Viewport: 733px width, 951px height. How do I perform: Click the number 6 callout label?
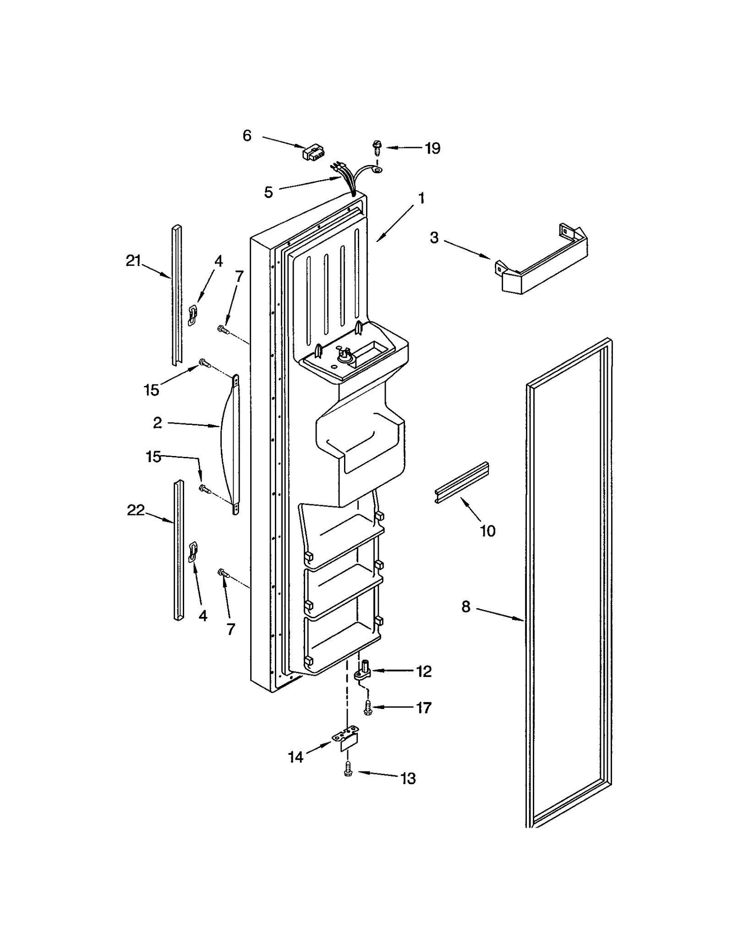(247, 136)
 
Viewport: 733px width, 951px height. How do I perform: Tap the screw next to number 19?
(377, 148)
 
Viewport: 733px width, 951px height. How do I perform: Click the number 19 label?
(432, 148)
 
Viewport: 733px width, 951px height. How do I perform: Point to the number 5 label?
(268, 192)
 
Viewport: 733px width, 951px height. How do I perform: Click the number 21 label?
(133, 261)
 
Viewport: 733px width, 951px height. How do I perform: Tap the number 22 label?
(136, 510)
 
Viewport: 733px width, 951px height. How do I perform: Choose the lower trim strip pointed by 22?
(179, 550)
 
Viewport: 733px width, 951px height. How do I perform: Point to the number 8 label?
(465, 606)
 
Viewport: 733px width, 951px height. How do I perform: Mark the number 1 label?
(421, 198)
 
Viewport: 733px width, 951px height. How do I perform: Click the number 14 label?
(296, 757)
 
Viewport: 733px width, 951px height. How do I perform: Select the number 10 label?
(487, 531)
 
